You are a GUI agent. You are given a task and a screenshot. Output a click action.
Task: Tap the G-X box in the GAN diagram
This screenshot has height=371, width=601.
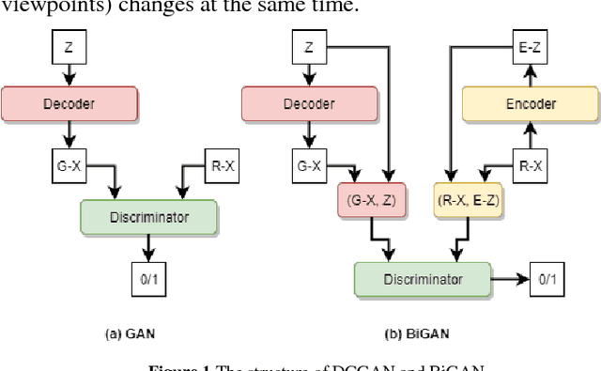[x=67, y=167]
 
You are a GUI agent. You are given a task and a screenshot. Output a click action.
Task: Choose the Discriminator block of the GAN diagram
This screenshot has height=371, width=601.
[x=149, y=218]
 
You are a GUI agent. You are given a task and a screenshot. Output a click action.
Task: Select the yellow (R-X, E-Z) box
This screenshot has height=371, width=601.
[x=468, y=200]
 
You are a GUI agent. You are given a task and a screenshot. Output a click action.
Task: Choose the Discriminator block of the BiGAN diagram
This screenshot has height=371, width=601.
[x=422, y=279]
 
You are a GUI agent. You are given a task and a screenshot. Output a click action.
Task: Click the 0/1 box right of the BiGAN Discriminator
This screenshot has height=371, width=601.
[x=546, y=279]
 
